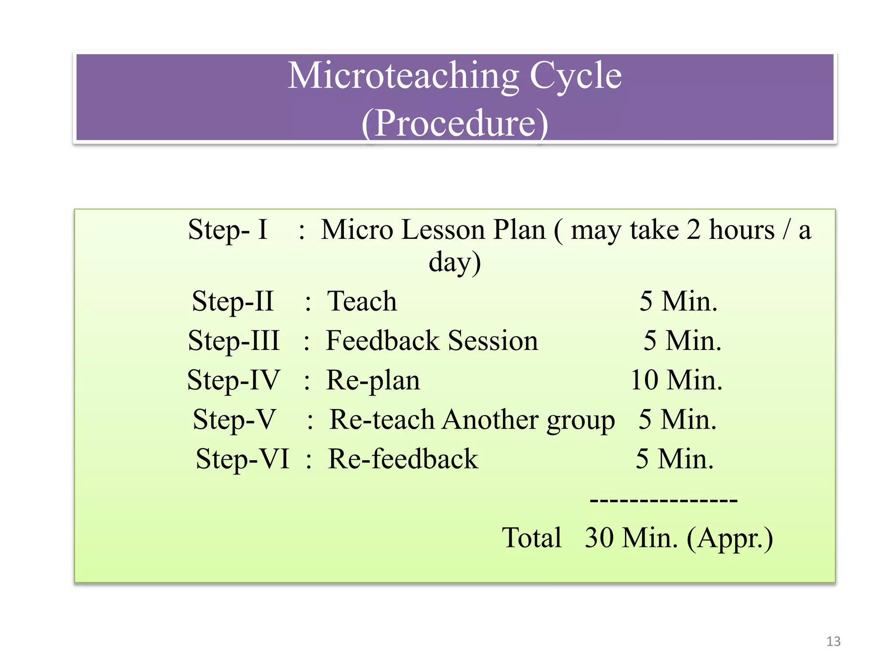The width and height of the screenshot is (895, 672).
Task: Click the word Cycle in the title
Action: pos(576,76)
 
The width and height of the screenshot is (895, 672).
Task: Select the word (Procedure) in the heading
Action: pos(454,123)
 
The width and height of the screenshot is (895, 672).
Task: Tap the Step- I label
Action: pos(228,230)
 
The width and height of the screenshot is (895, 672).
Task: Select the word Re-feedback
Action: pos(403,459)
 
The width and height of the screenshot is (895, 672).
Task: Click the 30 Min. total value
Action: pos(631,538)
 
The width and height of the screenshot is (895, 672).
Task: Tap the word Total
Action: pos(531,538)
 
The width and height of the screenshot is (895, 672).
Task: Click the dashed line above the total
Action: pos(663,500)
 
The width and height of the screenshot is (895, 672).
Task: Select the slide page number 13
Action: pos(833,641)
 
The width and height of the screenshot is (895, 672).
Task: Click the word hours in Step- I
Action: pos(741,230)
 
